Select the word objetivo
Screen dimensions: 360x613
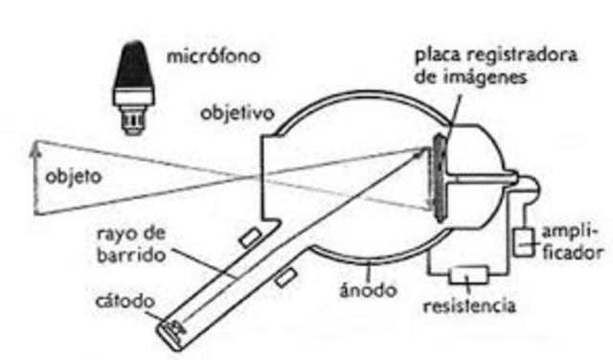(237, 113)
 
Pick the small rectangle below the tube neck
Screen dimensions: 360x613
(284, 279)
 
